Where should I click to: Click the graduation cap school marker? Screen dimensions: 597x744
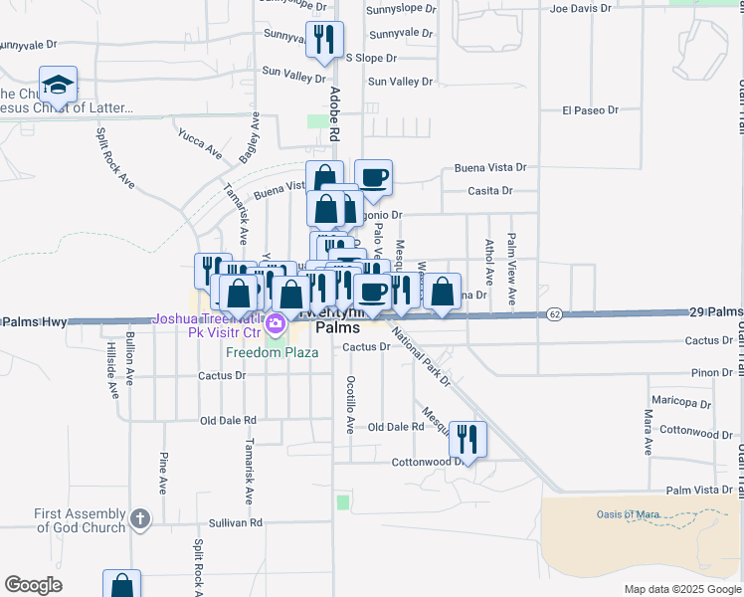point(58,85)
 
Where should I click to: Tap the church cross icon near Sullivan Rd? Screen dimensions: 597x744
point(140,518)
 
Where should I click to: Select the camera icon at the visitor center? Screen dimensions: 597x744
point(276,323)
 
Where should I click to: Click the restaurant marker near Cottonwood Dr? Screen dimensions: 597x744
point(466,438)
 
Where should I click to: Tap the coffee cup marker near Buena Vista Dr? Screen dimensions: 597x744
point(373,178)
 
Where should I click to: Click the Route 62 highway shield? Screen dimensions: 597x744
point(555,314)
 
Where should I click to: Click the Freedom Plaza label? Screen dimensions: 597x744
point(272,352)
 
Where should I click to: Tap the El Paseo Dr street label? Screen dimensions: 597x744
point(590,110)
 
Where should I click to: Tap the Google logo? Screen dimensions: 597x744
point(33,585)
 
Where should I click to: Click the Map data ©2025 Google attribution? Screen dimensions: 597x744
point(681,589)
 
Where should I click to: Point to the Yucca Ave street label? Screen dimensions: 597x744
point(200,142)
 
